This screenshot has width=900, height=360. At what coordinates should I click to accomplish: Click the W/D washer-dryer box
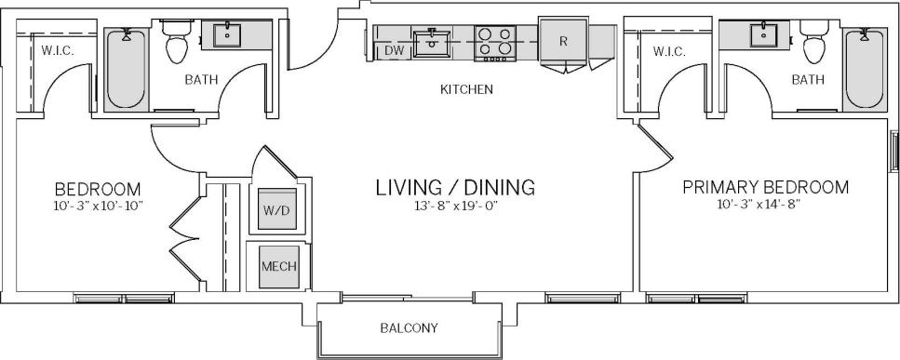pos(276,211)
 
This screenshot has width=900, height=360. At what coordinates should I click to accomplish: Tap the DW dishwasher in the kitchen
pos(394,51)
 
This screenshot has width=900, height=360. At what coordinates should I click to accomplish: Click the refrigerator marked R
pos(564,42)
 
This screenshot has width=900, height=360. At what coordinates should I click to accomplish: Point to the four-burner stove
pos(496,42)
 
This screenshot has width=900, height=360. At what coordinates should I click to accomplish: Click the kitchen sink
pos(432,41)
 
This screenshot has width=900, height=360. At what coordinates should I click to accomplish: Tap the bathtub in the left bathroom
pos(125,70)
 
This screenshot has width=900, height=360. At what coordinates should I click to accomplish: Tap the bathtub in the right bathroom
pos(864,70)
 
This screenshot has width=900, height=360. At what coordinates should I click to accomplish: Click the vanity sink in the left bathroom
pos(227,35)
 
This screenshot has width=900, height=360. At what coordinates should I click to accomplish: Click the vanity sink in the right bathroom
pos(763,35)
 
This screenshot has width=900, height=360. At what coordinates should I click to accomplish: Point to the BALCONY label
pos(409,328)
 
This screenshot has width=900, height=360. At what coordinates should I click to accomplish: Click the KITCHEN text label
pos(466,90)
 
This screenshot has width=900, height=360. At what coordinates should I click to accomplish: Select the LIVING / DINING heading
pos(455,187)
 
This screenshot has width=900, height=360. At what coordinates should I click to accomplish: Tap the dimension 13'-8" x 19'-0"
pos(455,206)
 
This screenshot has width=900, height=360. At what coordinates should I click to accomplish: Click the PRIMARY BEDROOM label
pos(765,187)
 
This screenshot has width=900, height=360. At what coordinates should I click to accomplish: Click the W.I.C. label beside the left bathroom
pos(57,50)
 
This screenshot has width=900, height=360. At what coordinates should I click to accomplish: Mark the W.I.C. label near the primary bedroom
pos(668,51)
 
